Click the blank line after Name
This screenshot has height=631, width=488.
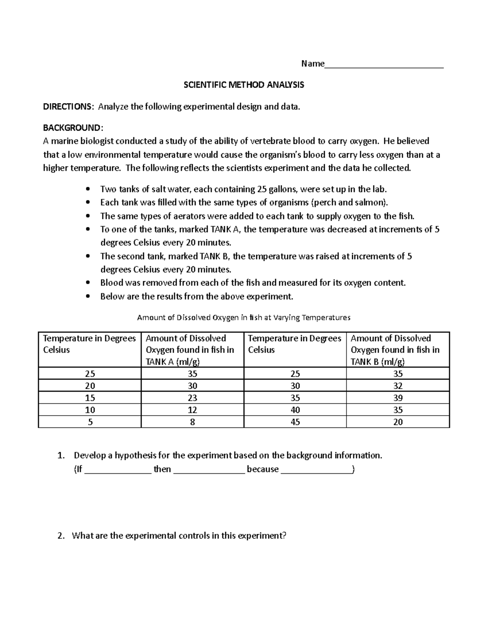coord(384,65)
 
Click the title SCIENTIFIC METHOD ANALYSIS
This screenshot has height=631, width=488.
coord(244,85)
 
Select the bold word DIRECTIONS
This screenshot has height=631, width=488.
coord(68,106)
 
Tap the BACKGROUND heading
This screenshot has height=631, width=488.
coord(72,128)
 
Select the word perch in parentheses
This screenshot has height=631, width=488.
coord(327,202)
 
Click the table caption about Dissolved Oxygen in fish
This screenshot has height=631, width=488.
coord(244,317)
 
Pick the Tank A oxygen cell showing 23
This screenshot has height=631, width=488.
coord(192,398)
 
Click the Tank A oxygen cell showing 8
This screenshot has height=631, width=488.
coord(192,422)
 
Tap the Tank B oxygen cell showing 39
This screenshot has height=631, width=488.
coord(398,398)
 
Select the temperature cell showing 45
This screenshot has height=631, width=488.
coord(295,422)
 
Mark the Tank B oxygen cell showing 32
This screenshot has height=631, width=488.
coord(398,386)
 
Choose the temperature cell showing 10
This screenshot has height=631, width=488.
coord(90,410)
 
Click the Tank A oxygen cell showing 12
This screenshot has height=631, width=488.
coord(192,410)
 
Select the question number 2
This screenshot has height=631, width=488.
coord(61,536)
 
